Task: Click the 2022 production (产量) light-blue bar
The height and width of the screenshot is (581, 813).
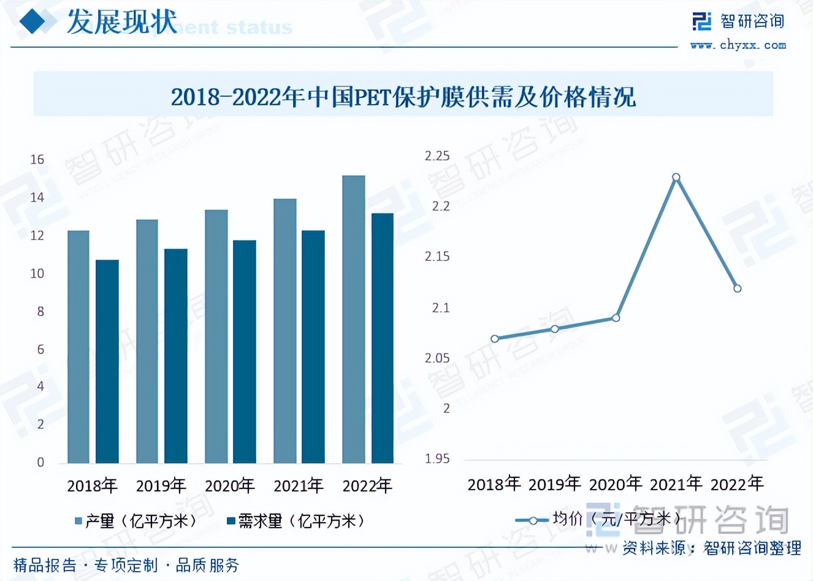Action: tap(354, 319)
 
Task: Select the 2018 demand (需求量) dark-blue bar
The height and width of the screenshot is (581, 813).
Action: tap(107, 362)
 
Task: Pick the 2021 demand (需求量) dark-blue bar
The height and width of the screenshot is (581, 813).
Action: tap(313, 346)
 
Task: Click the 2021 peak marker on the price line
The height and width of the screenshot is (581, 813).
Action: tap(676, 178)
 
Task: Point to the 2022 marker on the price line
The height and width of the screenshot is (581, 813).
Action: tap(737, 288)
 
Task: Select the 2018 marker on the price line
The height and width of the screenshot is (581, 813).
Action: tap(495, 338)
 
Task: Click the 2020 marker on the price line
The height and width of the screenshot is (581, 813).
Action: tap(616, 317)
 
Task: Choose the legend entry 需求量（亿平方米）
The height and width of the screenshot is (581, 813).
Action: tap(297, 521)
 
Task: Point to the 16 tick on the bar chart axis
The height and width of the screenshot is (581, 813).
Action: tap(37, 160)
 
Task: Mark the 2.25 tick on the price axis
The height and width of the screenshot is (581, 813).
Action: tap(437, 156)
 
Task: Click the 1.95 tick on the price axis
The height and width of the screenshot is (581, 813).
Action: tap(437, 458)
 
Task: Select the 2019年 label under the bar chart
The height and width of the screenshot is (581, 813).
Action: tap(161, 486)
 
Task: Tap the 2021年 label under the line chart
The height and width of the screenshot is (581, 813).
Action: tap(676, 484)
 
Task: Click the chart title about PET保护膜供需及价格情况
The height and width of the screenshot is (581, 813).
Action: tap(403, 97)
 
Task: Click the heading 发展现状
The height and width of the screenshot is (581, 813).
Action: tap(122, 22)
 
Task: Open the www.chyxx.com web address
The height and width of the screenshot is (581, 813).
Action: tap(738, 45)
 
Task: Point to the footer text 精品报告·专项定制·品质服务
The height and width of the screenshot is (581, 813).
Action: tap(126, 564)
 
